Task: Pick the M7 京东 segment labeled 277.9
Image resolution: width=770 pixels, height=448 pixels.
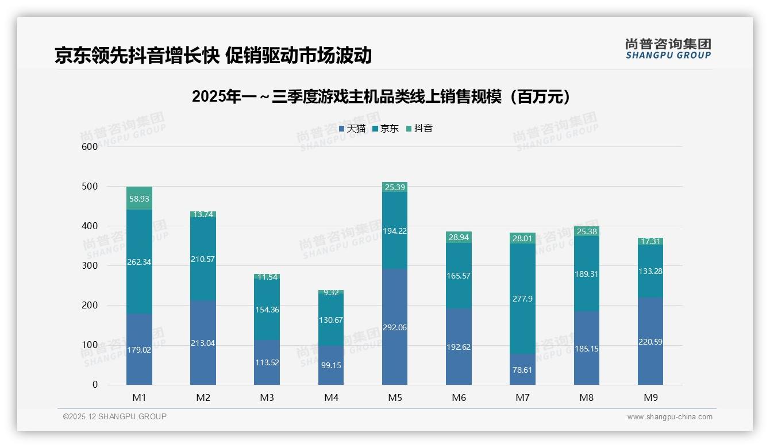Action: point(522,299)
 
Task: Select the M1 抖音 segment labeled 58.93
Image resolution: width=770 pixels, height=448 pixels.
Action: point(140,198)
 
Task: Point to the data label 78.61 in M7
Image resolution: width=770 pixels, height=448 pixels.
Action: point(522,370)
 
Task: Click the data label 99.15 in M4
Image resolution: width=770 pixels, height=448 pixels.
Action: point(331,365)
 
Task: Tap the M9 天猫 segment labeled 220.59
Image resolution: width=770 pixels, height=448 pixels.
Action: point(650,341)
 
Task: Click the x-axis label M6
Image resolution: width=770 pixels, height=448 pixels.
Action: point(459,397)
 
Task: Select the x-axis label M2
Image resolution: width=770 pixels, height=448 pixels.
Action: point(203,397)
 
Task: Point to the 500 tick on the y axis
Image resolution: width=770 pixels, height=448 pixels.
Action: point(90,187)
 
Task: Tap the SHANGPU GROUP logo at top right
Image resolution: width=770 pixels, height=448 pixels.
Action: point(668,49)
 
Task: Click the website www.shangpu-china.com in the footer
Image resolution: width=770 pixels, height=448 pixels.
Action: point(669,417)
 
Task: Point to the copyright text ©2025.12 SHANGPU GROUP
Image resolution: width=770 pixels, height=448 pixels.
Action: point(115,416)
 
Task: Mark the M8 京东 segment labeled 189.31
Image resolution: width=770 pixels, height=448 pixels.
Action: point(586,275)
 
